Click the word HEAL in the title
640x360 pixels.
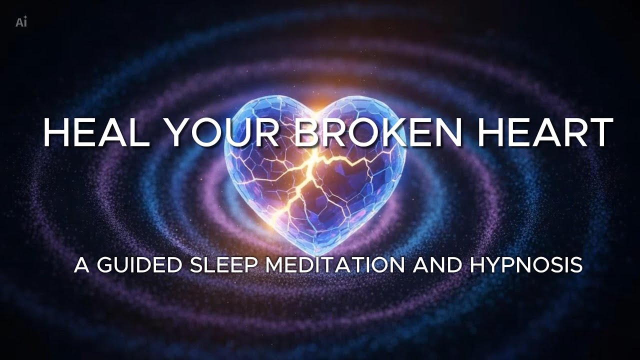95,133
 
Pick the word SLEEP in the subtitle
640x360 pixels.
222,265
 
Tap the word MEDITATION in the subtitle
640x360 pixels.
334,265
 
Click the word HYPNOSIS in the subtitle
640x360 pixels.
526,265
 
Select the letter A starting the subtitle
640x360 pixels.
81,265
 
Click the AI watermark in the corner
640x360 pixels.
21,22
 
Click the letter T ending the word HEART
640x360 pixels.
601,133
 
